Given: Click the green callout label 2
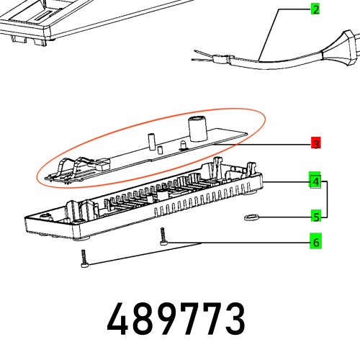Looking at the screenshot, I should (x=315, y=9).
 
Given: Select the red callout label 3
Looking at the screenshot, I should (x=315, y=144).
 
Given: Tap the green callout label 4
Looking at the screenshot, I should (x=315, y=181).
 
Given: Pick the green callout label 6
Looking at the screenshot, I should (x=315, y=243).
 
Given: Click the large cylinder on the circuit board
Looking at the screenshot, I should (x=196, y=129).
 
